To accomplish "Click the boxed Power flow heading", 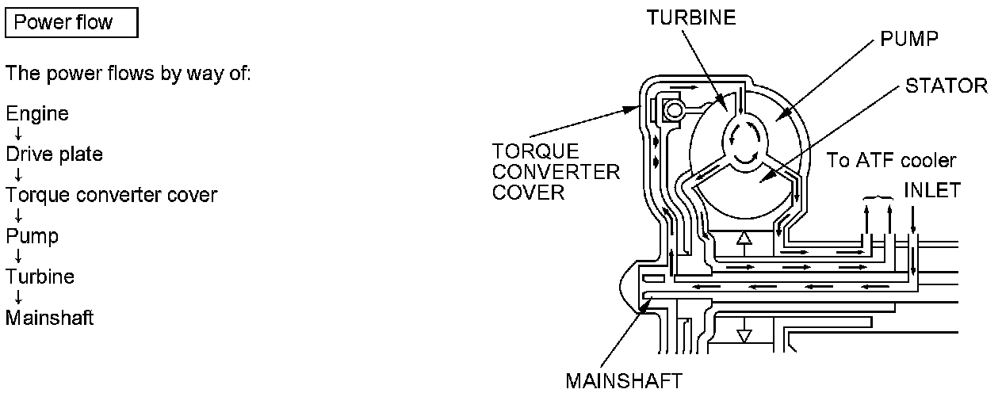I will click(71, 22).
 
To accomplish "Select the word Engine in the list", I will click(37, 114).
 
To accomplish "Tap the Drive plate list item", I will click(55, 155).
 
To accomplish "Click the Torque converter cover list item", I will click(112, 195).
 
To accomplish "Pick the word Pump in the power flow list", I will click(33, 236).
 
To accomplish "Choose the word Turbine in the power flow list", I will click(40, 277).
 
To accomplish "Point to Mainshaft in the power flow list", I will click(50, 318).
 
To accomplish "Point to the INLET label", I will click(932, 190).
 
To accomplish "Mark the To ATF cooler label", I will click(892, 161).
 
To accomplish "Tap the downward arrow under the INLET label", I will click(913, 216).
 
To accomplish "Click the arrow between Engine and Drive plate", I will click(17, 135).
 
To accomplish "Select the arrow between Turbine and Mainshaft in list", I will click(17, 297).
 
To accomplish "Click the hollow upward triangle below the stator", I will click(743, 237).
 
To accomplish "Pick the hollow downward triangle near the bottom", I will click(743, 335).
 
